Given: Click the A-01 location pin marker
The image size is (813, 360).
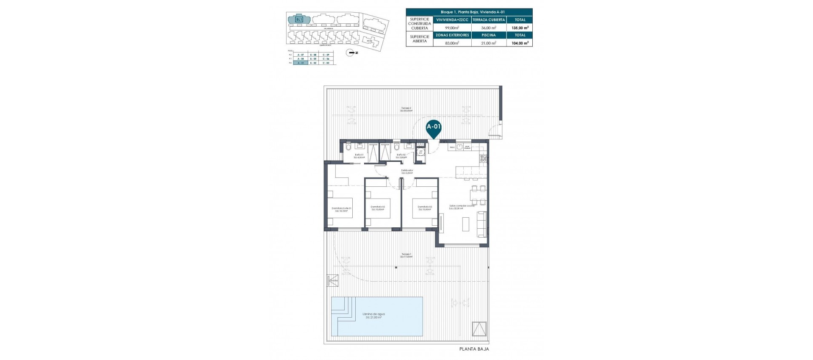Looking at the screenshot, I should click(433, 127).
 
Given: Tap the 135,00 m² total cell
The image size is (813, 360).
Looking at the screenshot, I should click(520, 28).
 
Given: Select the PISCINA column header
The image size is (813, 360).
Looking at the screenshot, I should click(488, 35).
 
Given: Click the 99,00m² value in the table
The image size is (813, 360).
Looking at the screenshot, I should click(452, 28).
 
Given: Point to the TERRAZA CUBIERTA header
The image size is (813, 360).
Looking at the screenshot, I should click(488, 20).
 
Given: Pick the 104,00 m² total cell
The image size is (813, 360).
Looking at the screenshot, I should click(520, 43).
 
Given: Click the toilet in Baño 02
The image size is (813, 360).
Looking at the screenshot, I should click(396, 147).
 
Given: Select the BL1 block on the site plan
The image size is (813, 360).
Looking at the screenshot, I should click(299, 19).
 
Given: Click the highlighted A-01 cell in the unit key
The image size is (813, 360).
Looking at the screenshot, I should click(301, 63).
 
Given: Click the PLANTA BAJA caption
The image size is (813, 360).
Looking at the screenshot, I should click(474, 349).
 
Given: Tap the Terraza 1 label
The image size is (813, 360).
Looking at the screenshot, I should click(406, 255).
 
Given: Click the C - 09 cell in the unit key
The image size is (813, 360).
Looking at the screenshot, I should click(326, 55).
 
